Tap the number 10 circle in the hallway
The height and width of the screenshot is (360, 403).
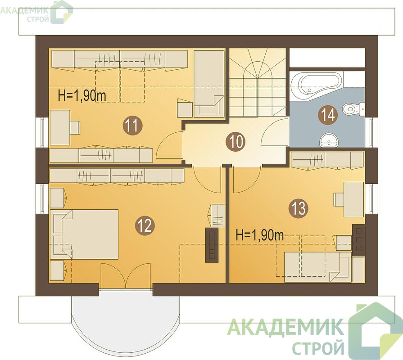[x=235, y=142]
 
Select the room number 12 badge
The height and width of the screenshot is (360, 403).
[x=145, y=225]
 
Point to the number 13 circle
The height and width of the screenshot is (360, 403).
[x=299, y=208]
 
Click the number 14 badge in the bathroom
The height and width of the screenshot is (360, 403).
[x=327, y=115]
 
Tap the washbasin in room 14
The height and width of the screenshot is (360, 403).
[x=329, y=140]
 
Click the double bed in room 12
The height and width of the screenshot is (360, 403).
[x=84, y=234]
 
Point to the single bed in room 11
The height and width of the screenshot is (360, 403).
[x=209, y=84]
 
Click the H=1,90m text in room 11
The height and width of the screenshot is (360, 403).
[x=82, y=95]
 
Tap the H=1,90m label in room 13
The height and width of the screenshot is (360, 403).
[x=260, y=235]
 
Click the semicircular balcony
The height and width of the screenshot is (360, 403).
[x=125, y=324]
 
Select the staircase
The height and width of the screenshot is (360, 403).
[x=258, y=83]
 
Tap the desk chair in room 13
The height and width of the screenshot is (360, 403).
[x=339, y=199]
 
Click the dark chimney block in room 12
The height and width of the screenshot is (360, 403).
[x=212, y=245]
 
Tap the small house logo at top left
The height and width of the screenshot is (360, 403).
[x=62, y=12]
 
